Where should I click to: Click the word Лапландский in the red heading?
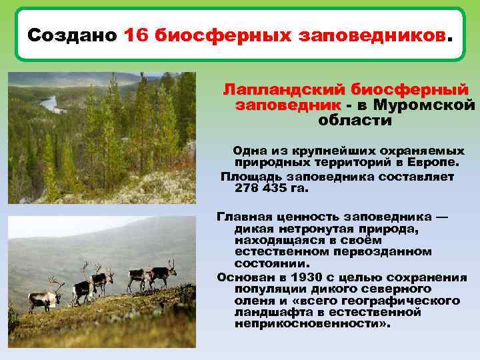[285, 89]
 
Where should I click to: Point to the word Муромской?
[424, 105]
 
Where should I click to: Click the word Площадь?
[251, 177]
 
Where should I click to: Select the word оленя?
[253, 301]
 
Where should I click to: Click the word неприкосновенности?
[307, 324]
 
